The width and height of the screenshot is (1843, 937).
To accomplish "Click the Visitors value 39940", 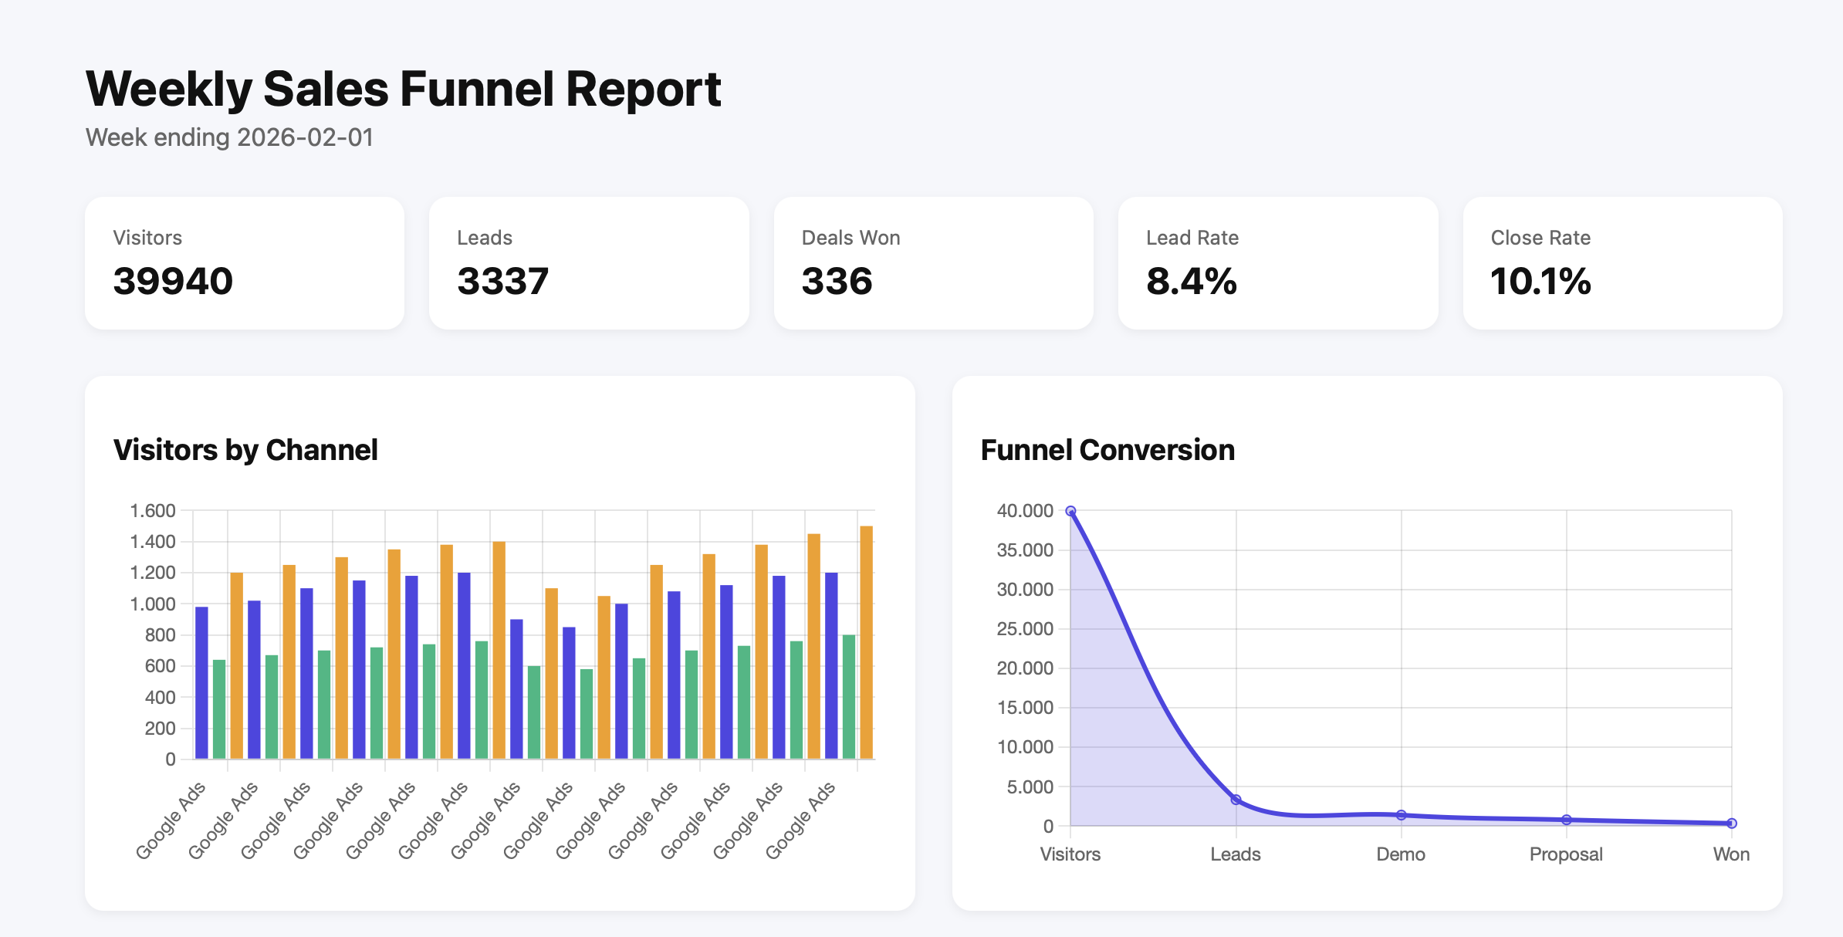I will pos(173,281).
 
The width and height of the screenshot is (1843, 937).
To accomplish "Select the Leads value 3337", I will pos(502,281).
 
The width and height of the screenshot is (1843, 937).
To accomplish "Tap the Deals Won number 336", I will pos(837,281).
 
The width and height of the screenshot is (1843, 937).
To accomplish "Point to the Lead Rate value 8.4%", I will pos(1191,281).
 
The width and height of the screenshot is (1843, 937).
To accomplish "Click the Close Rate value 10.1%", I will pos(1540,281).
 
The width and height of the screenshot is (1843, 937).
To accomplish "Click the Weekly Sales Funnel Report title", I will pos(403,89).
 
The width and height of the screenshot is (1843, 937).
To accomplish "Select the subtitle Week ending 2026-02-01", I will pos(229,137).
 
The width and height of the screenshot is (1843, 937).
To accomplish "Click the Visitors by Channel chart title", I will pos(245,450).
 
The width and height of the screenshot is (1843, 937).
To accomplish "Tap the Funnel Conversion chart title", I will pos(1107,450).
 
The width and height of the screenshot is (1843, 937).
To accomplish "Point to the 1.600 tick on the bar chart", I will pos(153,511).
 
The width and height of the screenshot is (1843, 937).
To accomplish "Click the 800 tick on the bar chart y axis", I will pos(160,635).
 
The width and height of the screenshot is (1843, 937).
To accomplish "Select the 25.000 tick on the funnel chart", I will pos(1025,629).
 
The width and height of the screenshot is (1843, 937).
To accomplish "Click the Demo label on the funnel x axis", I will pos(1401,854).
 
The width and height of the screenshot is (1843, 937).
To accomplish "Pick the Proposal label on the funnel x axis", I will pos(1566,854).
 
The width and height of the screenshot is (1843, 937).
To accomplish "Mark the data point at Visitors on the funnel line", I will pos(1070,511).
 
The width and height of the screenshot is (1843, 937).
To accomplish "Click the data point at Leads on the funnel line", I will pos(1236,800).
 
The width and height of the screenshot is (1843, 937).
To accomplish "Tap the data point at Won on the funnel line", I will pos(1731,824).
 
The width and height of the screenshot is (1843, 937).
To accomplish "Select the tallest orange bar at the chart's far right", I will pos(866,642).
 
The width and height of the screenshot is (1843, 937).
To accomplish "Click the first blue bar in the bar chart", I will pos(201,683).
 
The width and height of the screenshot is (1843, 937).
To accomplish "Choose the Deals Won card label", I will pos(850,238).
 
